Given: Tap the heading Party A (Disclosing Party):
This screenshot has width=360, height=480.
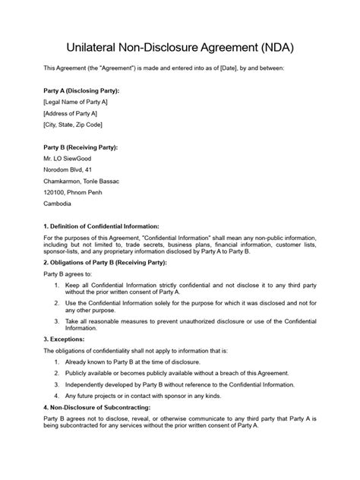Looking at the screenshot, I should point(81,90).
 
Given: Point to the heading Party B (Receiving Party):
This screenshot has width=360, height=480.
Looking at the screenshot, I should point(81,147).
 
